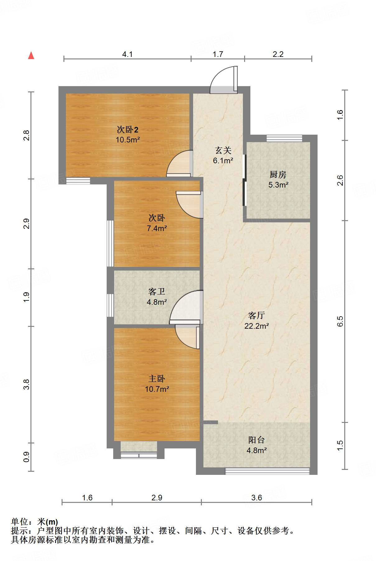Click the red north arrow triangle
31,56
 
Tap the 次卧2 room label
128,129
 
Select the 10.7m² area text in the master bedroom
157,389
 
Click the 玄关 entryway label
223,151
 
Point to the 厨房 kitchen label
278,174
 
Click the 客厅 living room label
257,315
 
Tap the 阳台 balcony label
257,440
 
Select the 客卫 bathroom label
157,291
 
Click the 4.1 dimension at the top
127,54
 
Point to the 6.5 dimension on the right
340,321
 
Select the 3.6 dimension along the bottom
257,498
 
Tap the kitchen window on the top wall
284,138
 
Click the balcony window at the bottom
267,471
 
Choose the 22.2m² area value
257,326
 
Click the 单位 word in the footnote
20,522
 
